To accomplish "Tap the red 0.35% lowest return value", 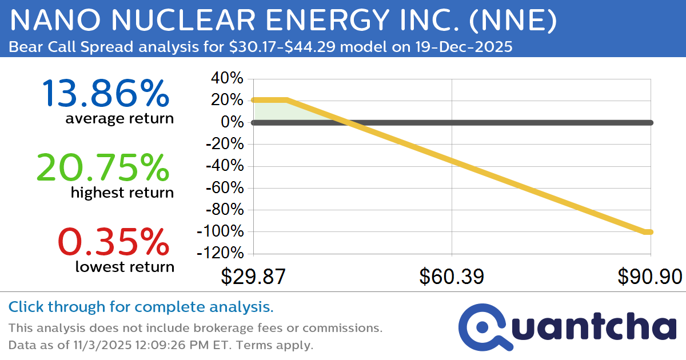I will [x=114, y=241].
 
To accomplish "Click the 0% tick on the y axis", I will [x=234, y=122].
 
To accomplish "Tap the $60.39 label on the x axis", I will [x=452, y=277].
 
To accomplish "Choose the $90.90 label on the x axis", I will [x=649, y=277].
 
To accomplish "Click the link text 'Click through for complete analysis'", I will [x=141, y=307].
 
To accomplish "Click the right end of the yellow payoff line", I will [x=649, y=232].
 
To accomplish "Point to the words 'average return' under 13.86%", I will [x=119, y=118].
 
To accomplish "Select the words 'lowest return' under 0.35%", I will [x=125, y=266].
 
